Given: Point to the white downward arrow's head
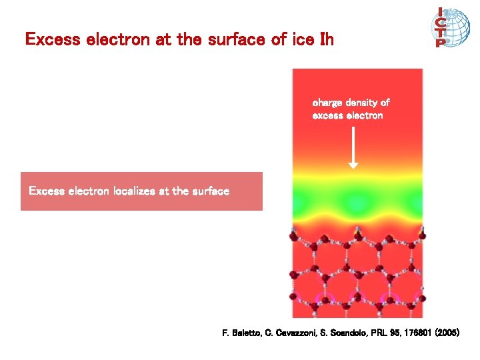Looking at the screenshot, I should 353,164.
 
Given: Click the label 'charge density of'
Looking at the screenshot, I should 351,103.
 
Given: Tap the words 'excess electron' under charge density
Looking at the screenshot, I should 347,115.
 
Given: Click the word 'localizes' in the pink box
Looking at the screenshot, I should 129,191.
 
